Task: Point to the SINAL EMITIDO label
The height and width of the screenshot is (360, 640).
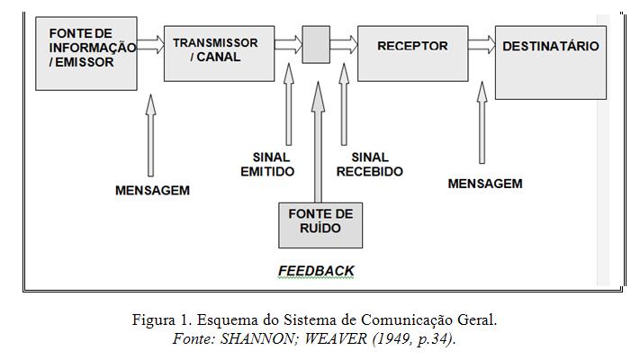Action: click(267, 165)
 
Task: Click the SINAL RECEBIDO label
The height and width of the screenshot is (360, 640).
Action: click(369, 165)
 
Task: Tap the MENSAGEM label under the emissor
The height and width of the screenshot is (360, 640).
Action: click(152, 191)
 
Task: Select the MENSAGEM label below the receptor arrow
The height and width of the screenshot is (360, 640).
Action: click(484, 184)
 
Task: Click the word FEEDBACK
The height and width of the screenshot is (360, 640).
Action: click(316, 270)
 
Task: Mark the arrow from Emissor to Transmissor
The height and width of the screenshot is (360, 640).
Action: click(149, 42)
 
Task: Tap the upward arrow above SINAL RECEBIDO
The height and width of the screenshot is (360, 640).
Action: click(343, 103)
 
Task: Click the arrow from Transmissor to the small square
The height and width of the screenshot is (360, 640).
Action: click(288, 42)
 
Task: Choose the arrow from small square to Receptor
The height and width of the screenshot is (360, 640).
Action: click(343, 42)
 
